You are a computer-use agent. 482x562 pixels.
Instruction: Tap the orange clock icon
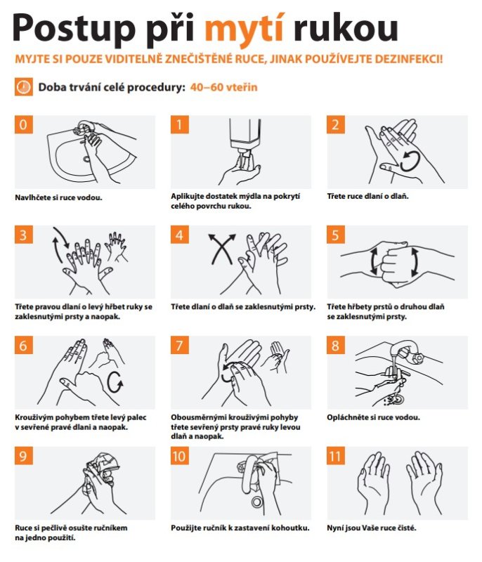coord(24,86)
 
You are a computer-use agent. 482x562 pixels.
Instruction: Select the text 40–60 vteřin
coord(223,87)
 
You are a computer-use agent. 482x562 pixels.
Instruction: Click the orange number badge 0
coord(24,124)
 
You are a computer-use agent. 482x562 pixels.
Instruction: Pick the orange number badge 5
coord(335,235)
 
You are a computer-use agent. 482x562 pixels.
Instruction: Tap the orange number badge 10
coord(180,456)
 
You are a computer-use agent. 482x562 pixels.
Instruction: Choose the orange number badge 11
coord(335,456)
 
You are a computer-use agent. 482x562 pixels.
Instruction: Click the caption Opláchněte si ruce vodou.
coord(373,417)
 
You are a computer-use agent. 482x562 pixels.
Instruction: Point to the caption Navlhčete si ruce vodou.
coord(58,197)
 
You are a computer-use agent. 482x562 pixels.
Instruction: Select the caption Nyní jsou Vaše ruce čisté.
coord(372,528)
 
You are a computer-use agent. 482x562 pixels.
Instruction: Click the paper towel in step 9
coord(105,464)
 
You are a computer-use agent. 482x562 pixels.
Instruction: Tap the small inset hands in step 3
coord(115,247)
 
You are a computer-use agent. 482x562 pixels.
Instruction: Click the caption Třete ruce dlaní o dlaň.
coord(367,196)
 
